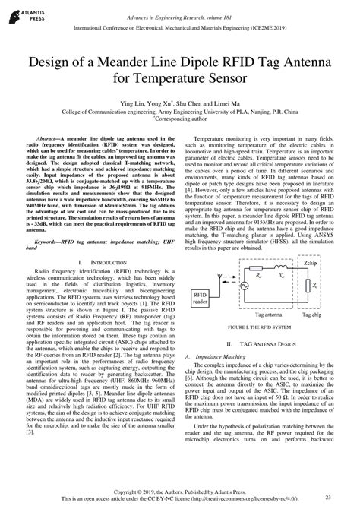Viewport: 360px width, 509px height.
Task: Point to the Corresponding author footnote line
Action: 180,119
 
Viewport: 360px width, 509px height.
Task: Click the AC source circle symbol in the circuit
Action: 245,245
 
